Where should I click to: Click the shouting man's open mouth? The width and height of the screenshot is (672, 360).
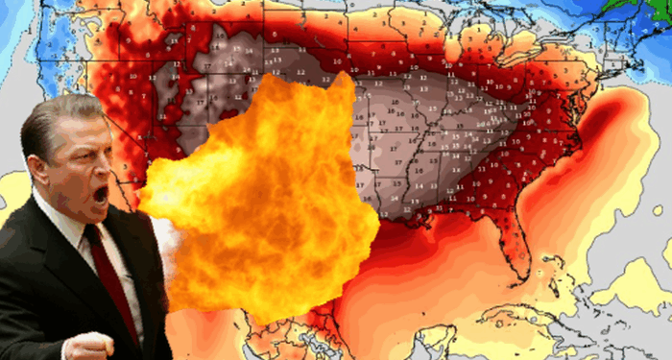pyautogui.click(x=100, y=194)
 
